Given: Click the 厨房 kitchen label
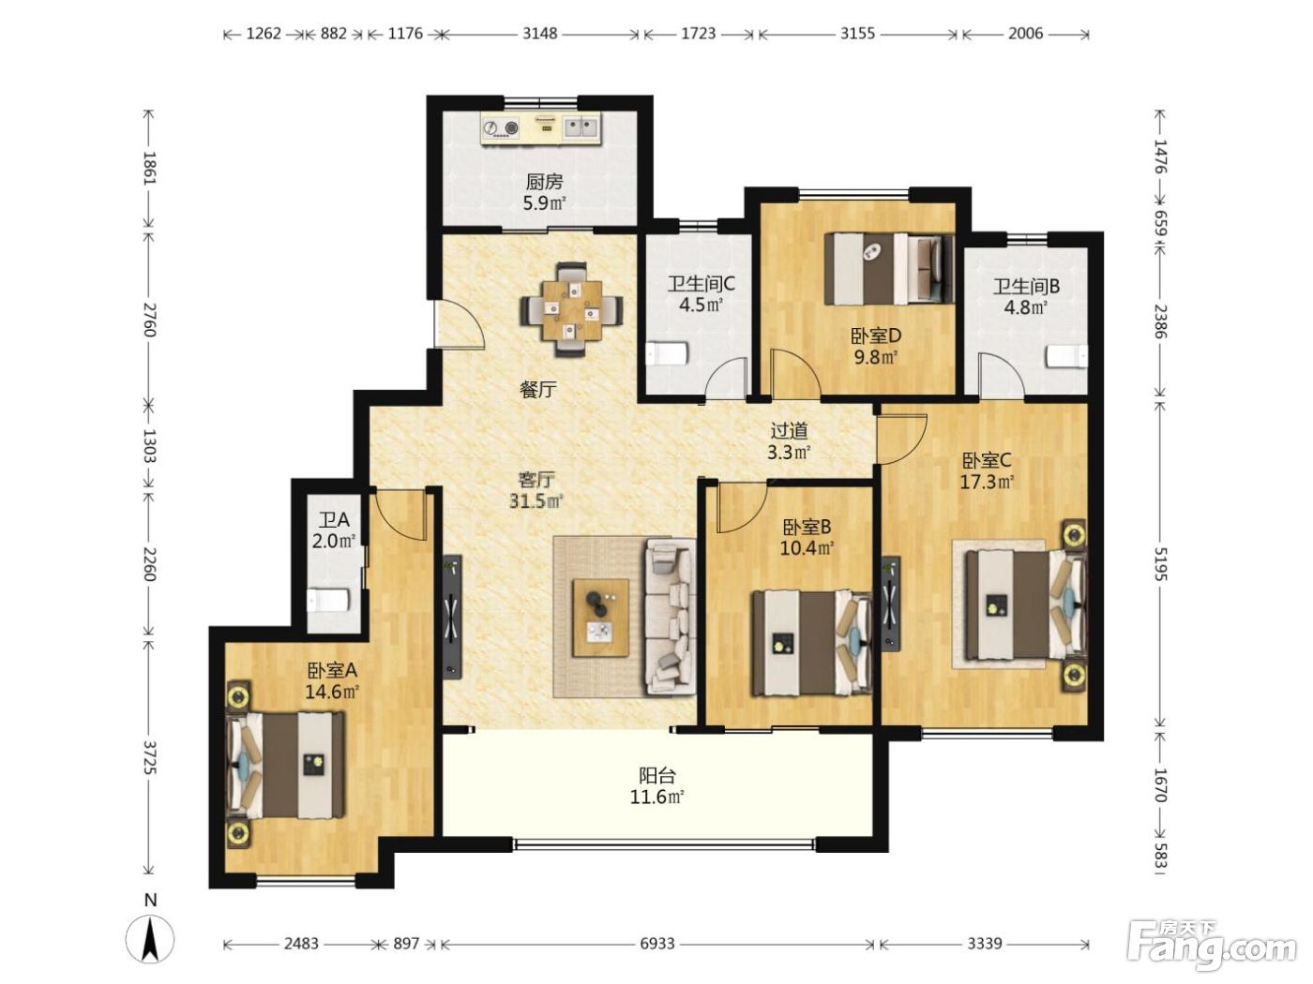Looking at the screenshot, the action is tap(544, 181).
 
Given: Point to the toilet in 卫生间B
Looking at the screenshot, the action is tap(1066, 357).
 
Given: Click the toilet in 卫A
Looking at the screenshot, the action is tap(327, 601).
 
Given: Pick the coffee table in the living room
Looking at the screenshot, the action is tap(600, 618).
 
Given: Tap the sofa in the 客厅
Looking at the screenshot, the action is tap(670, 617).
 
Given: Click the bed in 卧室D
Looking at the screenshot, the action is tap(889, 268).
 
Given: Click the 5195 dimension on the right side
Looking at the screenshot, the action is tap(1159, 564).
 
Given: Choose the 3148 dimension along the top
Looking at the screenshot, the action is tap(539, 34).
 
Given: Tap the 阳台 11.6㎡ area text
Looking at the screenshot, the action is tap(656, 786).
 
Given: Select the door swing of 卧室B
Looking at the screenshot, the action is tap(742, 508).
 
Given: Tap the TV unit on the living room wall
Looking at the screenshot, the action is tap(452, 618).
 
